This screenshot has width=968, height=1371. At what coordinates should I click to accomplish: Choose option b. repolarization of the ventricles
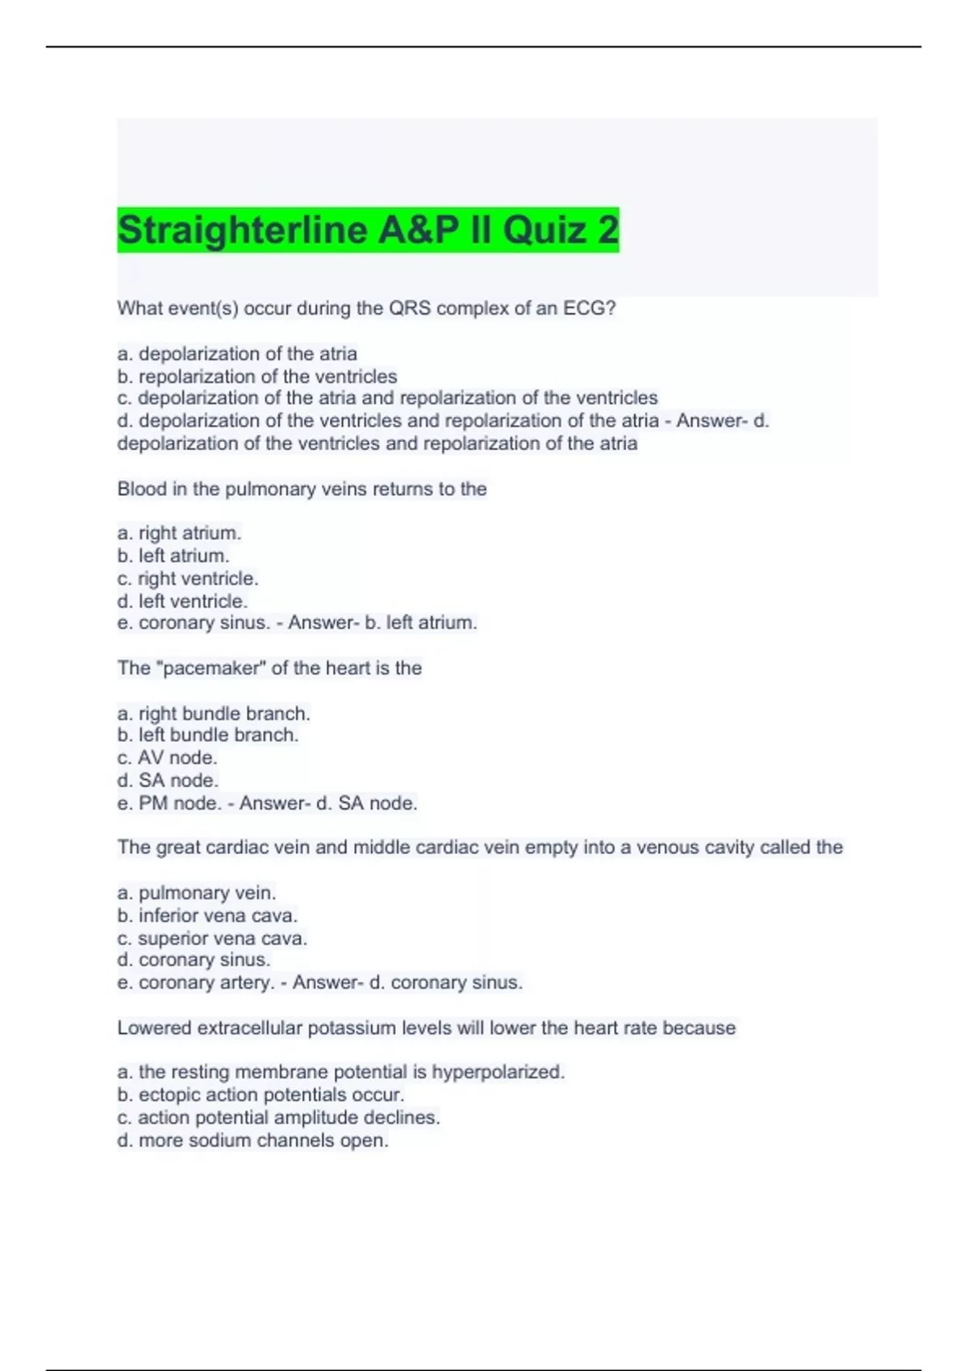tap(257, 377)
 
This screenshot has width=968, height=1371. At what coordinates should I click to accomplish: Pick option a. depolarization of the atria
tap(237, 354)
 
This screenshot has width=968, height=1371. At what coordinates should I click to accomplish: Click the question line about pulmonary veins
tap(302, 489)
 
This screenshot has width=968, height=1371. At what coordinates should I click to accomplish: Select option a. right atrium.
tap(179, 533)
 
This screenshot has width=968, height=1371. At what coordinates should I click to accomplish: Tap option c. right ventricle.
tap(188, 578)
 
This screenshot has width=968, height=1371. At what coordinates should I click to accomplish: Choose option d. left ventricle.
tap(182, 601)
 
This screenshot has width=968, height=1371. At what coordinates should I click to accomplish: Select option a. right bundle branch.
tap(214, 714)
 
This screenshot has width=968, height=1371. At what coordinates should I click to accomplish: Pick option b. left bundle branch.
tap(208, 736)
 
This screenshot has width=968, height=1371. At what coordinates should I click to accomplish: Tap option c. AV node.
tap(167, 758)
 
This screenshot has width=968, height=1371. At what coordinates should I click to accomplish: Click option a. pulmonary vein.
tap(197, 893)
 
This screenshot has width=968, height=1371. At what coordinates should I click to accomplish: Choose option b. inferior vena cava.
tap(207, 915)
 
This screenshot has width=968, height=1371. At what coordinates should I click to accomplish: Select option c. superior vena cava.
tap(212, 939)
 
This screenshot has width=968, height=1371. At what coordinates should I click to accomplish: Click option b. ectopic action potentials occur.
tap(261, 1095)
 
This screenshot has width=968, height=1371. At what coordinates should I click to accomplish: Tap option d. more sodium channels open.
tap(252, 1140)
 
